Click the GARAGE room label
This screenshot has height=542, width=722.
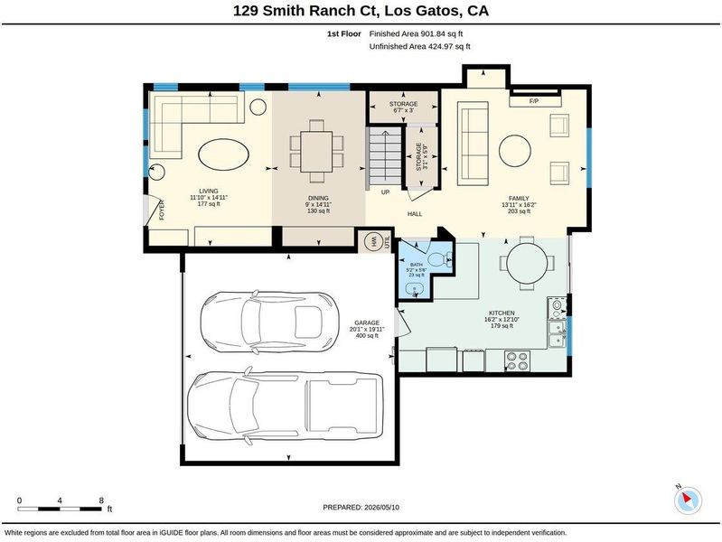coord(367,322)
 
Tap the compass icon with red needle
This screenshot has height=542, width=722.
coord(688,500)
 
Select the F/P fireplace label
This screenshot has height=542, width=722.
coord(534,101)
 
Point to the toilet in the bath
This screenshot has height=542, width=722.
coord(439,260)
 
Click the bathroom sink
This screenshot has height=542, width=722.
coord(415,289)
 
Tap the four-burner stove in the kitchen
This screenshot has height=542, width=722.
coord(517,361)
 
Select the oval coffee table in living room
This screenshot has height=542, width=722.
coord(224,154)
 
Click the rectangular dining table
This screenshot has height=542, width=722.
coord(317,152)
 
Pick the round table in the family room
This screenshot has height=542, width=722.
coord(515,151)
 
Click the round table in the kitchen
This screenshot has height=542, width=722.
coord(527,264)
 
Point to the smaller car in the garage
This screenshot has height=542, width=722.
coord(270,322)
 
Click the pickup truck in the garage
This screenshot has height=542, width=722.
coord(286,406)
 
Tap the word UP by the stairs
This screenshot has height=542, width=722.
coord(386,192)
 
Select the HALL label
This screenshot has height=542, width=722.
coord(415,214)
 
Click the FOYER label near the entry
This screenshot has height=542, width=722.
coord(162,210)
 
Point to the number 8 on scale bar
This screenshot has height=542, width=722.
coord(101,500)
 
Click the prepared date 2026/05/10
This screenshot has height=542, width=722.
coord(381,508)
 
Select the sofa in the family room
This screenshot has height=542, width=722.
coord(473,144)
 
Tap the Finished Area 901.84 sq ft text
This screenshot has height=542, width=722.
coord(416,33)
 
